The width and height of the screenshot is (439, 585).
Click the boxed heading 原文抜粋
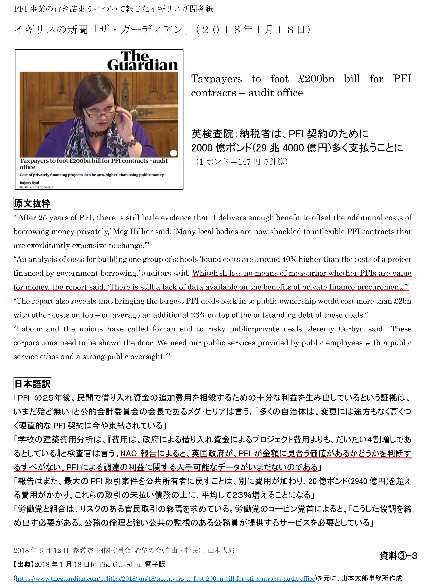(x=32, y=203)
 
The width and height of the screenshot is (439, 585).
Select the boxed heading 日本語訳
(x=32, y=384)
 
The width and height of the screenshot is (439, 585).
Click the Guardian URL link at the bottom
(x=165, y=578)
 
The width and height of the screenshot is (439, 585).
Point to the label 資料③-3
(x=398, y=556)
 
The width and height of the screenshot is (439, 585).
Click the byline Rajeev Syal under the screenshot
(x=29, y=183)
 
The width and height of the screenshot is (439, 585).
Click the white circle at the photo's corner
(x=173, y=153)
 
